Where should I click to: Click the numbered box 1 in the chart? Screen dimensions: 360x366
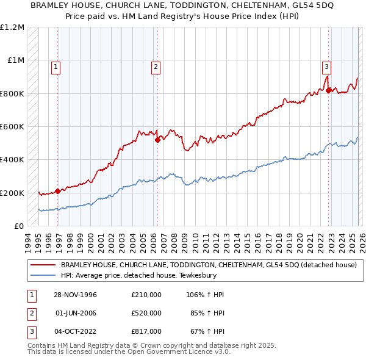(x=56, y=67)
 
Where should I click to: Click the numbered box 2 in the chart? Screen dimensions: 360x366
(x=156, y=67)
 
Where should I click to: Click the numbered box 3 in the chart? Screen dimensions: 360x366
(x=327, y=67)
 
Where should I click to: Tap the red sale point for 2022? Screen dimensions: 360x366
(x=329, y=90)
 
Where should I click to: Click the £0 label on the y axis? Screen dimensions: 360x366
(x=19, y=226)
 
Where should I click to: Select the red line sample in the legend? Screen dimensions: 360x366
(x=43, y=265)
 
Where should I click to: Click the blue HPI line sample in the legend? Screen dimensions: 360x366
(x=43, y=275)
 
